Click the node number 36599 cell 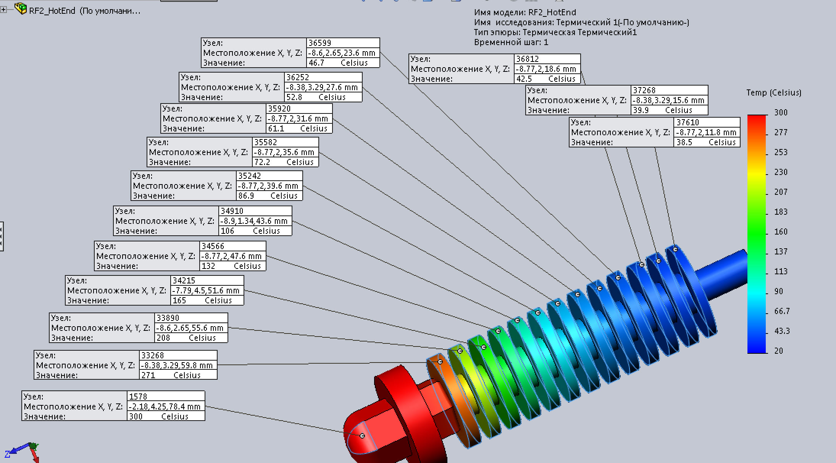(342, 43)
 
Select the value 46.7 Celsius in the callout (342, 63)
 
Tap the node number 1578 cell (166, 396)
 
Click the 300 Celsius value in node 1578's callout (166, 416)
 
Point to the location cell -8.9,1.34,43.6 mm (255, 221)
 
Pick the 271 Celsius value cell (178, 375)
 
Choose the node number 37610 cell (706, 122)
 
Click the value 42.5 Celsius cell (547, 79)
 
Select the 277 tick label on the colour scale (781, 132)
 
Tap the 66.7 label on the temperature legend (781, 311)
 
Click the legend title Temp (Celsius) (773, 92)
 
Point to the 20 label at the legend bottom (778, 351)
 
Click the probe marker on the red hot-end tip (362, 435)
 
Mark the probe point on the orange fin (440, 361)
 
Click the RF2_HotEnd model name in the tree (52, 11)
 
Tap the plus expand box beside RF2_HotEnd (3, 10)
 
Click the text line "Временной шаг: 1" (511, 42)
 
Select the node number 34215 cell (207, 280)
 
